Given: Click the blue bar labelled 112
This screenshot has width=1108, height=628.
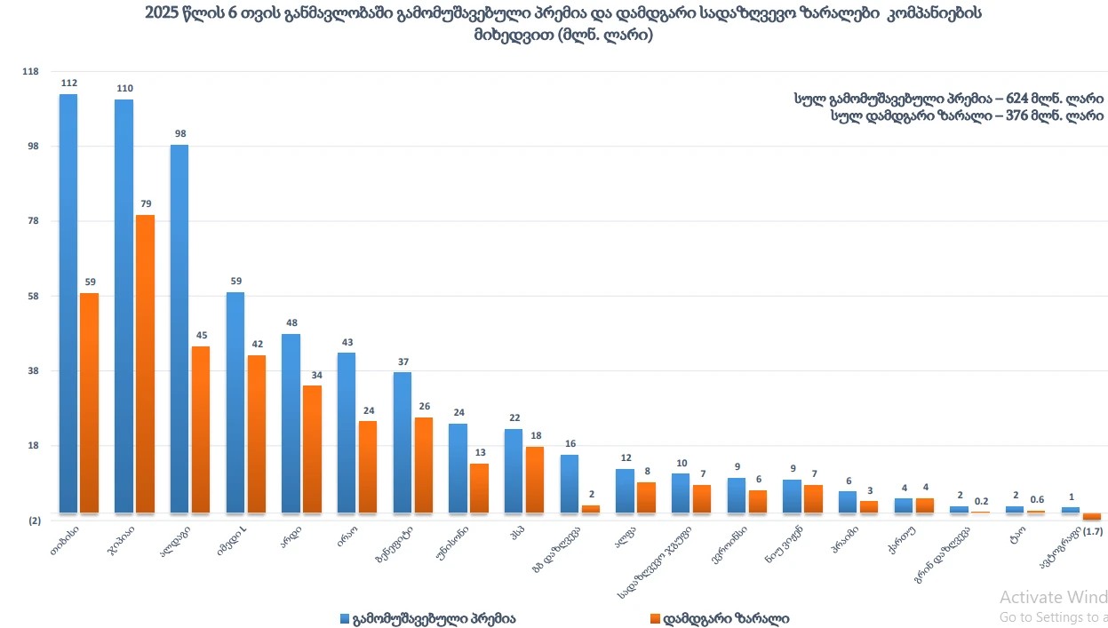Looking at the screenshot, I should [x=68, y=302].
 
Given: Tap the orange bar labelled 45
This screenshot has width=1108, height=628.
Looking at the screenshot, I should [x=201, y=428].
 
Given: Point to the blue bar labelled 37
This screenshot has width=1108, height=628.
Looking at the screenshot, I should [x=403, y=441].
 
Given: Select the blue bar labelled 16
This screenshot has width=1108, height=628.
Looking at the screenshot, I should [x=570, y=483].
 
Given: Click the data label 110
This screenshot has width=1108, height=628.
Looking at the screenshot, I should [x=124, y=89].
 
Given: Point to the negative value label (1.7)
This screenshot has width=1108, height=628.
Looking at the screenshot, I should [x=1093, y=531].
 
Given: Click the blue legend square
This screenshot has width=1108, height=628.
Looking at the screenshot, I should [x=345, y=618].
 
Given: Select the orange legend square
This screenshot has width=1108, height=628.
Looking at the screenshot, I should [x=656, y=618].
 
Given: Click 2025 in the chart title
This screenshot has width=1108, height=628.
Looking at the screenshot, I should [x=163, y=14].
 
